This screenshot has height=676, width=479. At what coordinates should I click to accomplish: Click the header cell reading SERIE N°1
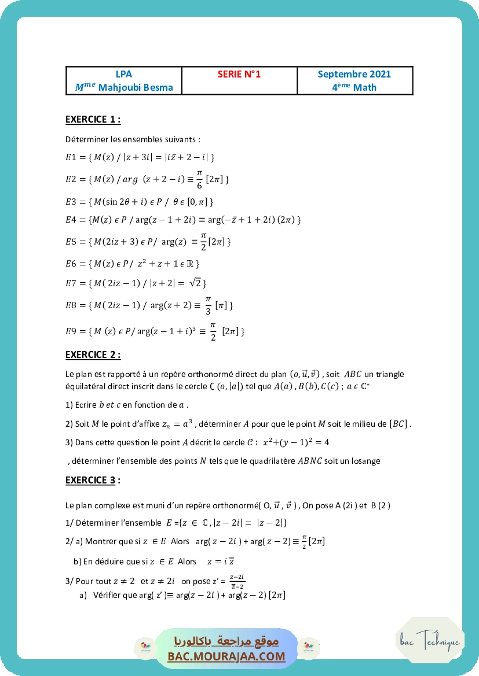coord(239,74)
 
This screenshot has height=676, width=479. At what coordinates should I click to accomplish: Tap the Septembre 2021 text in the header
coord(354,74)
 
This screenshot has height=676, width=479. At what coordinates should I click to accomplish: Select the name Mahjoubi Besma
coord(131,87)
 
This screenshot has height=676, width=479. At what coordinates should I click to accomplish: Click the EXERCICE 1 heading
coord(93,120)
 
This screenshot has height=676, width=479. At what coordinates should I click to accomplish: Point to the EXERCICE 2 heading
coord(93,354)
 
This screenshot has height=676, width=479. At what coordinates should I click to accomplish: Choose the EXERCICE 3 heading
coord(93,480)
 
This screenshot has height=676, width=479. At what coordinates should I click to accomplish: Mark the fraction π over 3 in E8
coord(208,304)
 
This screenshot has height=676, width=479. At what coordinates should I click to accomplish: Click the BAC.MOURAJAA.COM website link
coord(226,656)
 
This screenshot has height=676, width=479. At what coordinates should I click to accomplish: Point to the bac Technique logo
coord(430,641)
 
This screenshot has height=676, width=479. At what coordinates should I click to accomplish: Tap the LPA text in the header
coord(124,74)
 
